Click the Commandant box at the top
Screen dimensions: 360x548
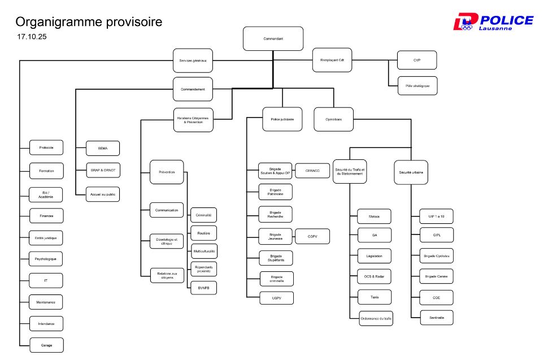tap(273, 38)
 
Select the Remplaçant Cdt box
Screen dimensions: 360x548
tap(332, 60)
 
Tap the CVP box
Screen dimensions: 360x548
tap(417, 60)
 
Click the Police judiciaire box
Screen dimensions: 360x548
tap(282, 119)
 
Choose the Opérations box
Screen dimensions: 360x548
tap(333, 119)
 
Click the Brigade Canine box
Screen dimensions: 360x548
tap(436, 276)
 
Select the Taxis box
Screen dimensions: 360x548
tap(374, 297)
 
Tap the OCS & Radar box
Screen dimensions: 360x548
tap(374, 276)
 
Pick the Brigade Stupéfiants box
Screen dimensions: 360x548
tap(276, 258)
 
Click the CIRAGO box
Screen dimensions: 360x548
tap(312, 170)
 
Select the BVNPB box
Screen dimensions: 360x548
tap(203, 288)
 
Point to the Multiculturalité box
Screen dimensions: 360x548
tap(203, 251)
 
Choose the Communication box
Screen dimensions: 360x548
tap(167, 210)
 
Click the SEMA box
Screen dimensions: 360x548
tap(102, 148)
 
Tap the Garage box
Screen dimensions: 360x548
tap(46, 345)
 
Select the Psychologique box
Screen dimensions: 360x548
tap(46, 259)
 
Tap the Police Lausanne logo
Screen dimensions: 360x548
tap(493, 22)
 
